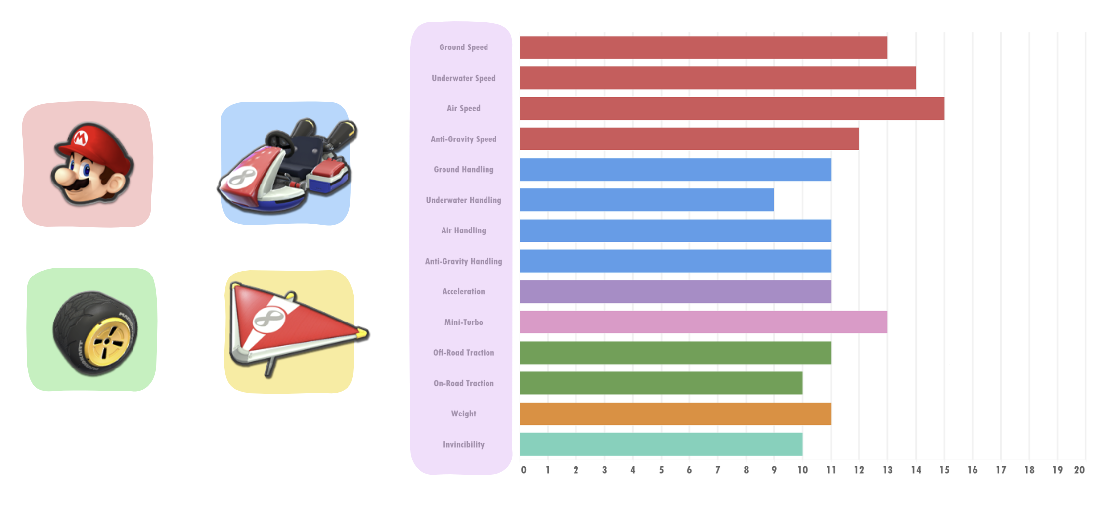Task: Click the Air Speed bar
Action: point(732,108)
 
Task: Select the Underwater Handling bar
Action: point(647,200)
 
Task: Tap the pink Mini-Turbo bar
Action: point(703,322)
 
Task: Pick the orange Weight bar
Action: point(675,414)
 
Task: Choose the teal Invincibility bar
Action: point(661,444)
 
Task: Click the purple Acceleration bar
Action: point(675,291)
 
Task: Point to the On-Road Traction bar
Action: point(661,383)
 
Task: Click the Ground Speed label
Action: point(463,47)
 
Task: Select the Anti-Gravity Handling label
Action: point(463,261)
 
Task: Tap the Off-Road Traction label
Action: point(463,353)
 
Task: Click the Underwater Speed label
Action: point(463,78)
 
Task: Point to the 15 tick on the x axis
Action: point(944,470)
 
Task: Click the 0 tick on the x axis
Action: point(523,470)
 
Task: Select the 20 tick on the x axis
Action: point(1079,470)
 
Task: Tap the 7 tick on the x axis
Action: point(717,470)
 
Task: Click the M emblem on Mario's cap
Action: point(80,138)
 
